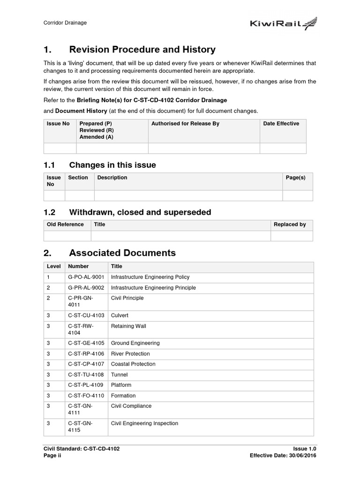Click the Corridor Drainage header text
(x=65, y=22)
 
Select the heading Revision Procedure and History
(x=142, y=50)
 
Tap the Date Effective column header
(x=281, y=124)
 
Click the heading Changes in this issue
(x=112, y=165)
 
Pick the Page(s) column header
(x=295, y=178)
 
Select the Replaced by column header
(x=290, y=225)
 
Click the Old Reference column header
(x=65, y=225)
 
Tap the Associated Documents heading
(x=122, y=253)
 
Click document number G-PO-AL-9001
(x=86, y=277)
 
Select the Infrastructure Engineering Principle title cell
(x=153, y=288)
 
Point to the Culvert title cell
(x=120, y=315)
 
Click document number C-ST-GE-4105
(x=86, y=343)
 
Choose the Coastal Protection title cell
(x=133, y=364)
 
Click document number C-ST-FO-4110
(x=86, y=396)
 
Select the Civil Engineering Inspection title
(x=144, y=423)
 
